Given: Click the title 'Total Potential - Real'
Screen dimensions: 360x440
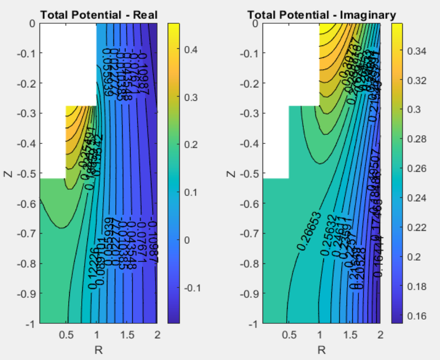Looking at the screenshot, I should coord(99,15).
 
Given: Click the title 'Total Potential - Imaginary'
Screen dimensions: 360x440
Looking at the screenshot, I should coord(322,15).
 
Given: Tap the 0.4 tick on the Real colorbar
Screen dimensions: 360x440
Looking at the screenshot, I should coord(191,49).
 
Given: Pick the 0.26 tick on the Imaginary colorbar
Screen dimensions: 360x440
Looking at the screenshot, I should coord(416,169).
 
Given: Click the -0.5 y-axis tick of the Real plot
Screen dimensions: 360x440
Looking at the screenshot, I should coord(28,173).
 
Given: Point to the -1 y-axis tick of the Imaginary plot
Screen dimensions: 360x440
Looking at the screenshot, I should coord(255,324).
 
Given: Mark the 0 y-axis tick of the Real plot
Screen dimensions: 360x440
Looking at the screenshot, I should coord(33,23).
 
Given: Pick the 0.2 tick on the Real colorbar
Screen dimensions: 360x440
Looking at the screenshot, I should coord(191,145).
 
